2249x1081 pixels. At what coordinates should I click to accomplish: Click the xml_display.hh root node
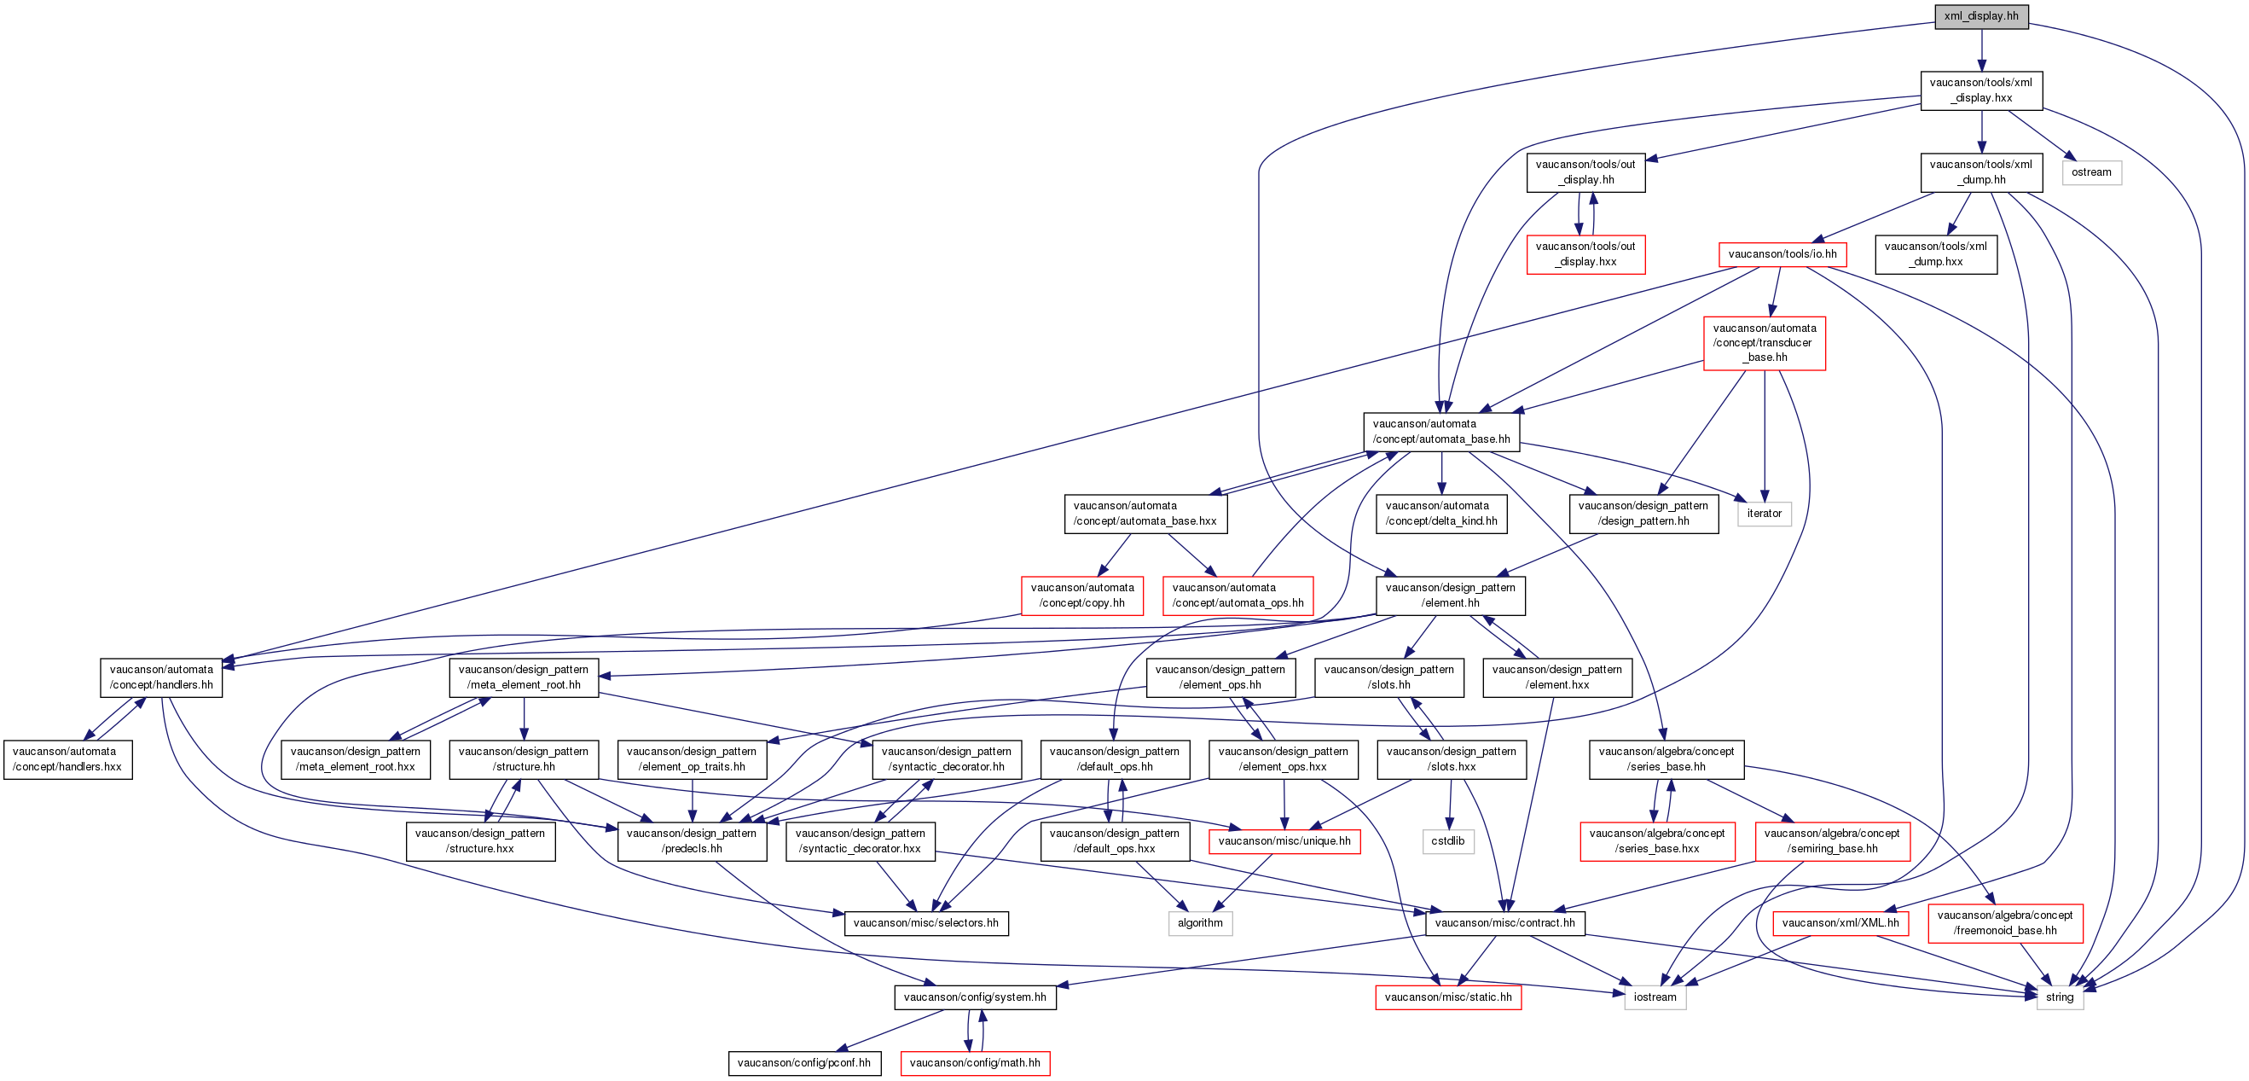point(1981,16)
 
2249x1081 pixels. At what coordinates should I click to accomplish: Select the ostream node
point(2091,172)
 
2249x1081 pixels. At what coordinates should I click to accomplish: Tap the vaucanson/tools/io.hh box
point(1782,254)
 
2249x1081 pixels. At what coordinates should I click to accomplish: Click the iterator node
point(1764,514)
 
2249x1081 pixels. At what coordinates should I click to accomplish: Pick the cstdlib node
point(1447,841)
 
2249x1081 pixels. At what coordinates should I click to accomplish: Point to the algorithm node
point(1200,923)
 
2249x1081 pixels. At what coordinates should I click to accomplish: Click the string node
point(2060,997)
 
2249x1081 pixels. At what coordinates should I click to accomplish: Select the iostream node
point(1655,997)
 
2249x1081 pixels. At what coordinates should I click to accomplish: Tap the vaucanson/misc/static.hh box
point(1447,997)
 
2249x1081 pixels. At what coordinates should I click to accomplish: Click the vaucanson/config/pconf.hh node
point(804,1063)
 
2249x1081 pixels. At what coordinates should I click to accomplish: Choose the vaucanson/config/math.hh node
point(974,1063)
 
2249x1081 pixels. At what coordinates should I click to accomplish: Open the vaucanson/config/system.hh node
point(974,997)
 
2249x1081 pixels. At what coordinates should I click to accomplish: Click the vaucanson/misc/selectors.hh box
point(925,923)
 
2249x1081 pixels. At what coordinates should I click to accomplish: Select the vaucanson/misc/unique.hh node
point(1284,841)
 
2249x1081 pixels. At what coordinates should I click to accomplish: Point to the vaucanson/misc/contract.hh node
point(1504,923)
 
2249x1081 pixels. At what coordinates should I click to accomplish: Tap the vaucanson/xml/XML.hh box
point(1840,923)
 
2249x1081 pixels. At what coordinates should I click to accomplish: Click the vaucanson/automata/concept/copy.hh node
point(1081,596)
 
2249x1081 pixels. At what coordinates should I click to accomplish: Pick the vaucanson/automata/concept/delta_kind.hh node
point(1440,514)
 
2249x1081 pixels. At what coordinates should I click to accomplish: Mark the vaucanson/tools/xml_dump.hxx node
point(1935,254)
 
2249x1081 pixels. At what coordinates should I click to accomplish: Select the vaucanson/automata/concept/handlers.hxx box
point(67,758)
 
